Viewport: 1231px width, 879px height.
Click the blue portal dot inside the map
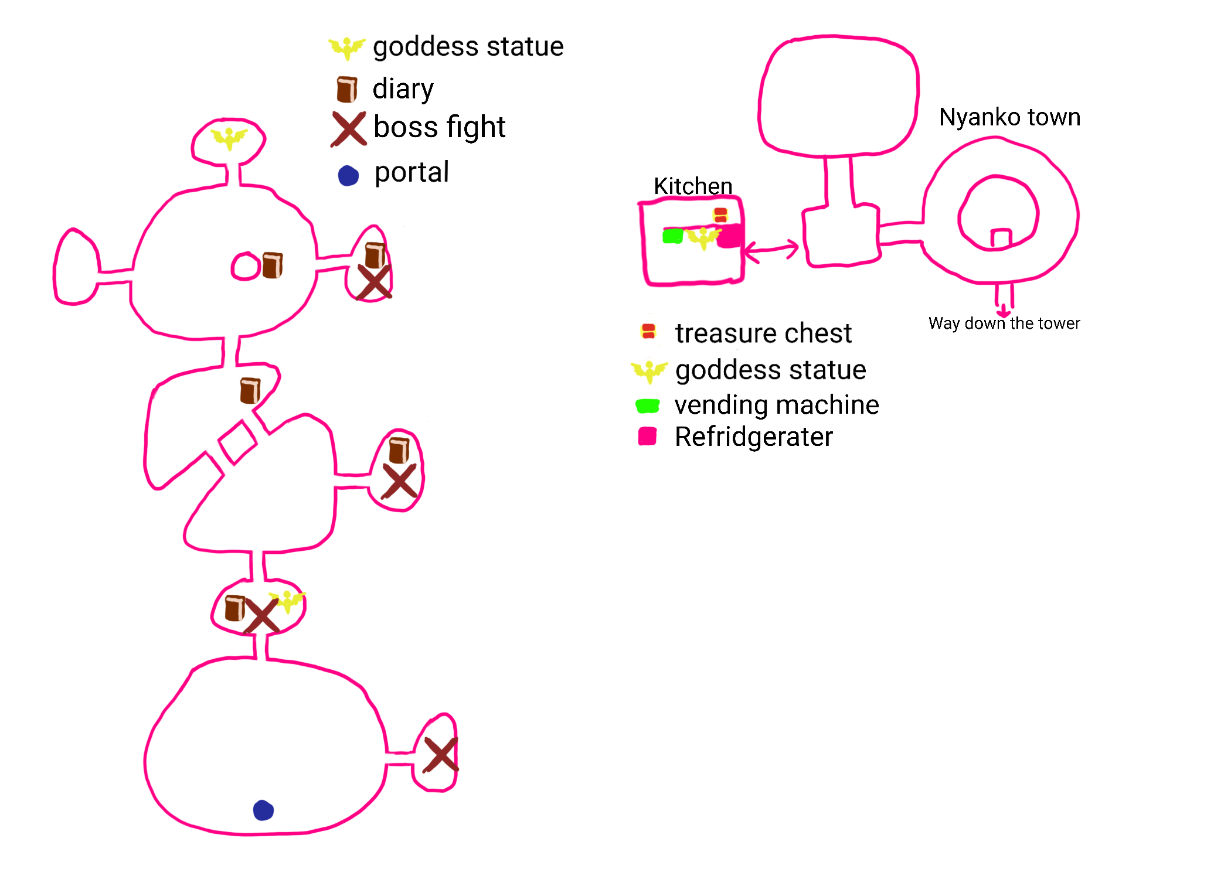click(x=263, y=810)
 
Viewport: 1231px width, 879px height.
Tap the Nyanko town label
click(x=1009, y=117)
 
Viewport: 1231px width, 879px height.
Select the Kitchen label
click(x=693, y=186)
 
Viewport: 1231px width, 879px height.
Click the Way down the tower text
click(x=1004, y=323)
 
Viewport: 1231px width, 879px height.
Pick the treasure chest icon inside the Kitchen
click(x=720, y=215)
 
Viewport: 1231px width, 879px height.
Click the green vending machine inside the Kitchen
click(x=672, y=236)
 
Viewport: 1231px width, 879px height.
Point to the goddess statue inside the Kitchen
click(x=703, y=238)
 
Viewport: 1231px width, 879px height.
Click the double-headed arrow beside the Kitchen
click(x=771, y=250)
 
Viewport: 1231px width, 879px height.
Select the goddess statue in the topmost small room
click(x=229, y=138)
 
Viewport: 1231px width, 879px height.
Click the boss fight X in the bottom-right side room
click(x=440, y=754)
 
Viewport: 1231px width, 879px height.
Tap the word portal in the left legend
click(x=412, y=172)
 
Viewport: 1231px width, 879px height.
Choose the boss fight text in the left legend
click(x=439, y=127)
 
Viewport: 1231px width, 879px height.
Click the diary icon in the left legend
click(x=346, y=89)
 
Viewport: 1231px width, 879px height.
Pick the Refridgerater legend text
click(x=753, y=437)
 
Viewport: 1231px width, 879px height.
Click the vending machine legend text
click(x=777, y=405)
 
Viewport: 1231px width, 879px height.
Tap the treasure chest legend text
click(x=763, y=333)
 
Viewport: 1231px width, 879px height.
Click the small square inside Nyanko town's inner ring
click(x=1001, y=239)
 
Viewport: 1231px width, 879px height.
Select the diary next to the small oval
click(x=272, y=265)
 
